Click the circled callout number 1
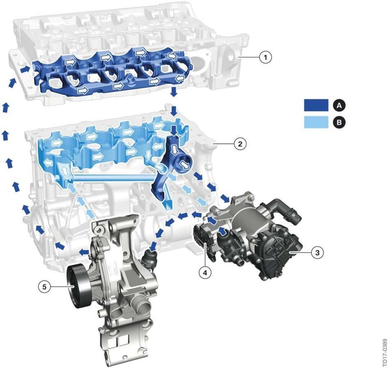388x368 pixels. click(x=265, y=58)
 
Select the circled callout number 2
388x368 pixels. click(x=240, y=144)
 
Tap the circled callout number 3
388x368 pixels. click(x=317, y=252)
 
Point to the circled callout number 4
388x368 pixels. click(x=205, y=272)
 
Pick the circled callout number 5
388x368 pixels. click(x=44, y=287)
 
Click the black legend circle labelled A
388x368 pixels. click(x=339, y=105)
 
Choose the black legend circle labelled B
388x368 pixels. click(x=339, y=122)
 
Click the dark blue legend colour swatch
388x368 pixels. click(x=316, y=105)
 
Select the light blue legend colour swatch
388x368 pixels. click(x=316, y=122)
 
